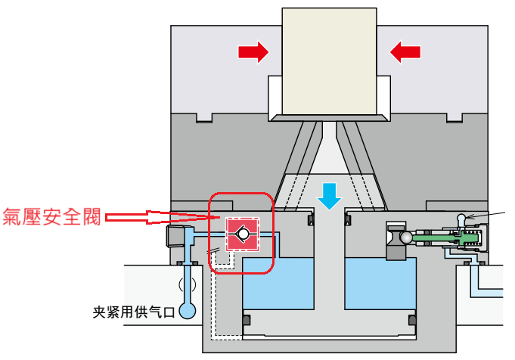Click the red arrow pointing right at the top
(253, 52)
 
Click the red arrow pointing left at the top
(405, 52)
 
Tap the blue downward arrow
(330, 197)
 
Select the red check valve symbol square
(243, 234)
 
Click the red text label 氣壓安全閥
(51, 217)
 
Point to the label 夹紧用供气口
(134, 312)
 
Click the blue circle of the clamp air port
(188, 310)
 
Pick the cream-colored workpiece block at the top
(329, 61)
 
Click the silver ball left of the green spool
(405, 237)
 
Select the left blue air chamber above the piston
(278, 283)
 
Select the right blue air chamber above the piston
(380, 283)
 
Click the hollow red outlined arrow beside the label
(163, 217)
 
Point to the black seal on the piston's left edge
(247, 320)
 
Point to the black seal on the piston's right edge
(412, 320)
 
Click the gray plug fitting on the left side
(175, 236)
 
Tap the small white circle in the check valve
(243, 234)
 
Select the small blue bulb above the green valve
(461, 218)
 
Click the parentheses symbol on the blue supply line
(188, 285)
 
